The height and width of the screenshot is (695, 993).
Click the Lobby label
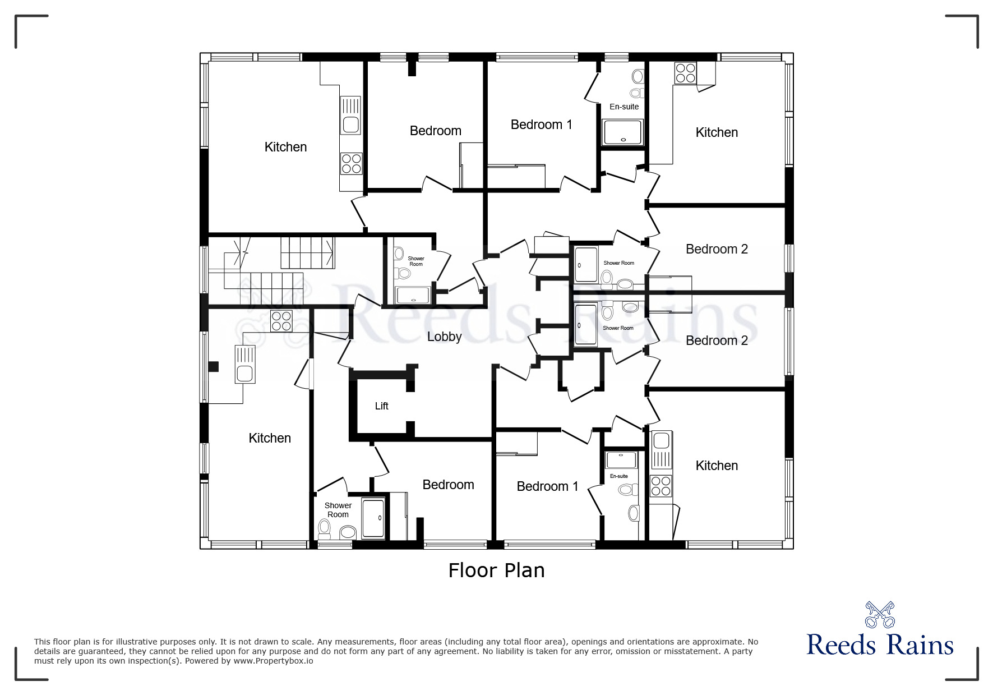coord(444,337)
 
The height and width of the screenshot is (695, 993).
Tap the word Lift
coord(381,406)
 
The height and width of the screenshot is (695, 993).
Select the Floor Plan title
coord(496,570)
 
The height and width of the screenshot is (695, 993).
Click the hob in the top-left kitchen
coord(351,163)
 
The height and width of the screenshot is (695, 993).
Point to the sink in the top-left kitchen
coord(351,115)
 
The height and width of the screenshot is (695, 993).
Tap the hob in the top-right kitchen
coord(685,72)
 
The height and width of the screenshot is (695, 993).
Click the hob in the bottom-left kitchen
coord(281,321)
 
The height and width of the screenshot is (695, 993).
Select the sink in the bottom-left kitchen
coord(245,364)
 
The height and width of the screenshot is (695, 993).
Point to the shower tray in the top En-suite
coord(623,132)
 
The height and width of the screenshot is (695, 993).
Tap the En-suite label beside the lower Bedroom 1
coord(619,476)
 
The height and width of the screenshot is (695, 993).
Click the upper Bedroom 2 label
coord(717,249)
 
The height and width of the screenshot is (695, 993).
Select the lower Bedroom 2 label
coord(717,340)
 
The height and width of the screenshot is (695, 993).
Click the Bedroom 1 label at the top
coord(541,125)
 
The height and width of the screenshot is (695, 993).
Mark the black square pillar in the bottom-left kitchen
coord(213,367)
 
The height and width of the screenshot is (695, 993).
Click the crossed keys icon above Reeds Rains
coord(879,615)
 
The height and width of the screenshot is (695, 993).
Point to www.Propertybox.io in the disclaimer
coord(273,661)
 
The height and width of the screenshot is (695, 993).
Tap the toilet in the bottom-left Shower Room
coord(324,527)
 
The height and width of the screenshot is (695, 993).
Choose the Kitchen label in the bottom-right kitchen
coord(717,466)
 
